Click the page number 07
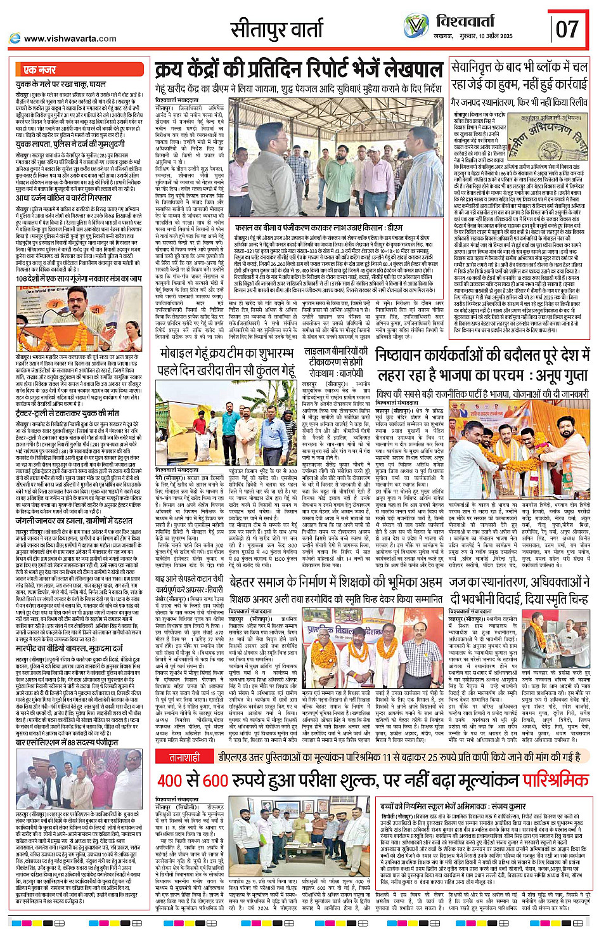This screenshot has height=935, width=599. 567,29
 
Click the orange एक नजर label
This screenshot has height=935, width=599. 39,70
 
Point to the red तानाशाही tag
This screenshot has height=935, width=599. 184,757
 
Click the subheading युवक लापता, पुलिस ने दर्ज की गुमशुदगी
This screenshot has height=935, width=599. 76,145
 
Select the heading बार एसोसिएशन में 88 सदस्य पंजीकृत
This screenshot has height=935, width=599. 67,742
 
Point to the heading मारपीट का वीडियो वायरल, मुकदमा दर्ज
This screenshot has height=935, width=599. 69,649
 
